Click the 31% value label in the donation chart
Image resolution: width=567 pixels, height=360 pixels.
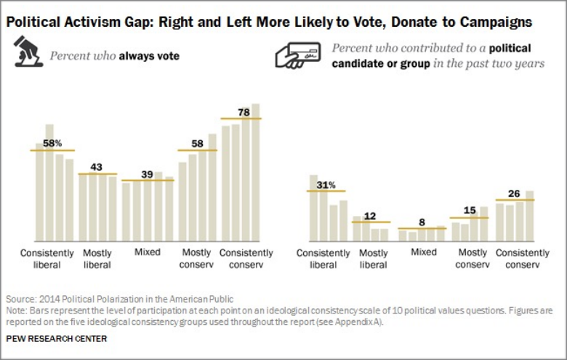click(326, 185)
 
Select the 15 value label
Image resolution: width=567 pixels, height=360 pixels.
click(470, 211)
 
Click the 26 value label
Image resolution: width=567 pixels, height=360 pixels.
click(515, 193)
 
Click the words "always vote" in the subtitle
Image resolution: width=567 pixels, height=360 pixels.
click(150, 55)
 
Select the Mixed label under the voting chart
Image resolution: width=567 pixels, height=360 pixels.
click(147, 252)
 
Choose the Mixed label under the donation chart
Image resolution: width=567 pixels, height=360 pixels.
click(423, 252)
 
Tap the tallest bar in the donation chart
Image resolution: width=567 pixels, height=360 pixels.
click(313, 207)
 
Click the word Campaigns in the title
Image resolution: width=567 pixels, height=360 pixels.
click(495, 23)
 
